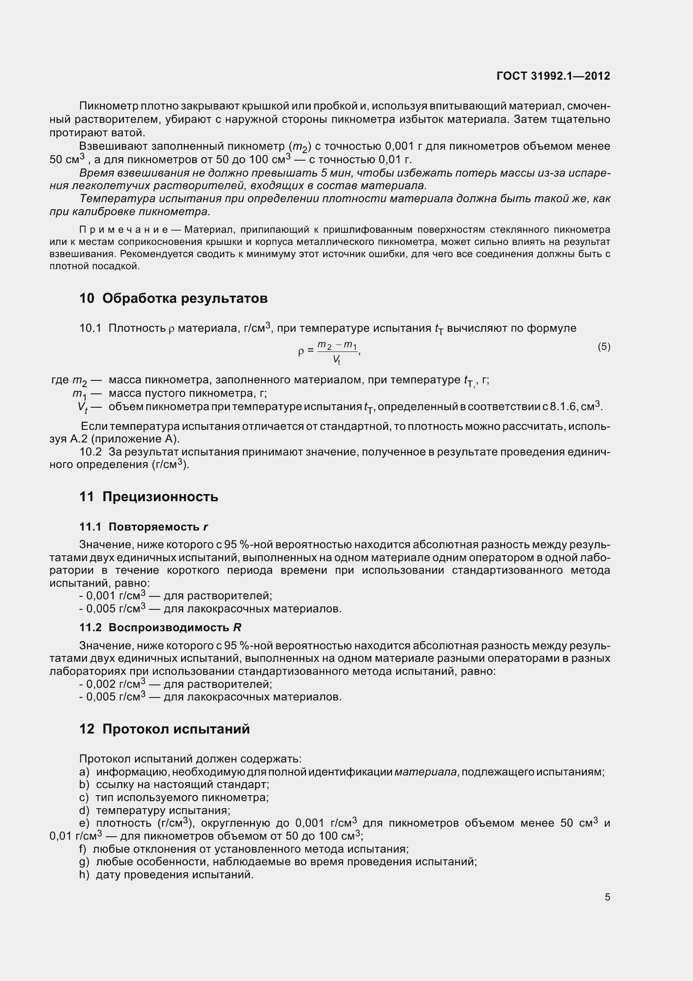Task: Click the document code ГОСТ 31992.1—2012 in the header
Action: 553,76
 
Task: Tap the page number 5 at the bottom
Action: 607,897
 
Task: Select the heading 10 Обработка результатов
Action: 174,298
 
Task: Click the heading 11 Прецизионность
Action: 148,497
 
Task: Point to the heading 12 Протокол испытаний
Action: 164,729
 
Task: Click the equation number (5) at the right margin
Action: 604,346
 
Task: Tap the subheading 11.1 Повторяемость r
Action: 143,527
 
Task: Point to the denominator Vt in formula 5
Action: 337,360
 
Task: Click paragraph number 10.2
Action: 90,452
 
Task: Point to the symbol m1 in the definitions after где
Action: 79,393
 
